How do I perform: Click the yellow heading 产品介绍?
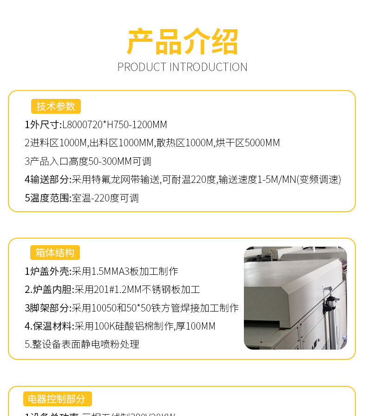click(183, 42)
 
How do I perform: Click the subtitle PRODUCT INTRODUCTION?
click(183, 67)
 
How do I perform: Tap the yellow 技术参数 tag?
click(56, 106)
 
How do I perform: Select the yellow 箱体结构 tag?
click(55, 253)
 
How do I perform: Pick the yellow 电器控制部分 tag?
click(57, 399)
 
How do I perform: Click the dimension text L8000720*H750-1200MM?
click(115, 124)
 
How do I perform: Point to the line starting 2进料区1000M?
click(152, 143)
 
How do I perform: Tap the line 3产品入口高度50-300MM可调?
click(88, 162)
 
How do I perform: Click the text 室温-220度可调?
click(105, 198)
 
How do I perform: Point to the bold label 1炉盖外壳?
click(48, 271)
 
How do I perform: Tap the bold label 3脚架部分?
click(48, 308)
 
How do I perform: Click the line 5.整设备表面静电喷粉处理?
click(82, 344)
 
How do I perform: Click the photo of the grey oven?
click(295, 298)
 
